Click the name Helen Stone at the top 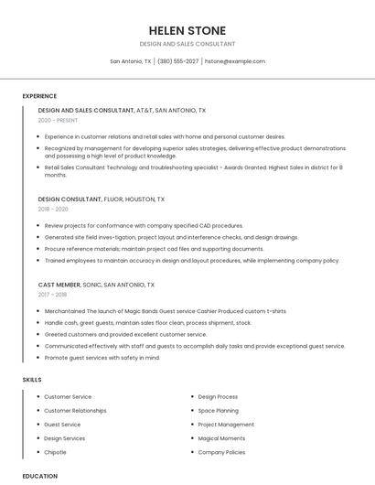(187, 30)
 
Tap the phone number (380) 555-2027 (177, 61)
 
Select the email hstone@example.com (234, 61)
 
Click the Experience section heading (39, 96)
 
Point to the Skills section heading (32, 379)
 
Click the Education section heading (39, 476)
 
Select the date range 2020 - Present (59, 120)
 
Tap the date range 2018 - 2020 (53, 209)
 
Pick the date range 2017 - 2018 (52, 295)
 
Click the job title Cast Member (59, 285)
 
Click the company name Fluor (114, 199)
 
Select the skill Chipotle (55, 452)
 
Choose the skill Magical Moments (221, 438)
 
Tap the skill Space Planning (219, 411)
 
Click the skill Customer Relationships (75, 411)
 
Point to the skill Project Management (226, 425)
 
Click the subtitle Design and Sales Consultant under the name (187, 44)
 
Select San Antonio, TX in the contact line (131, 61)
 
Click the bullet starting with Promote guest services (102, 358)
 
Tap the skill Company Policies (221, 452)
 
